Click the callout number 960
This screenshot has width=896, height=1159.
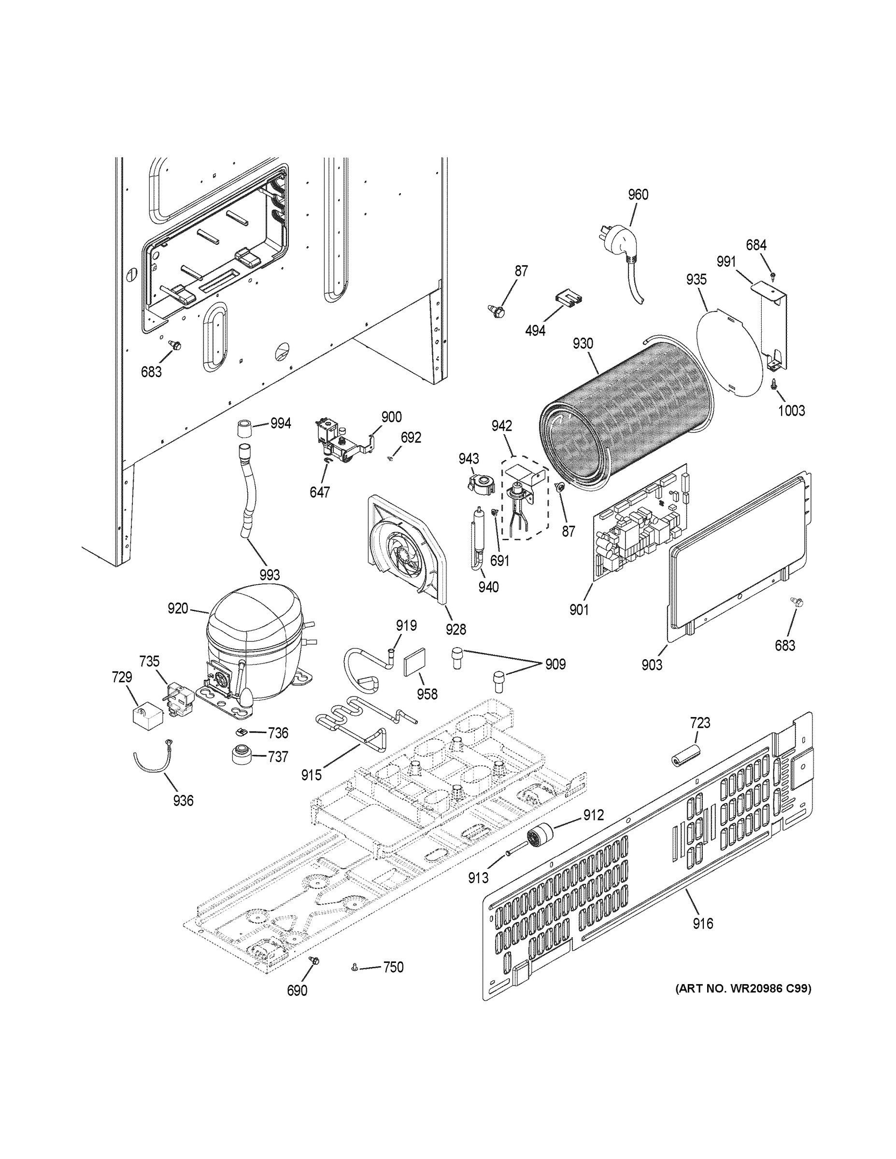point(638,195)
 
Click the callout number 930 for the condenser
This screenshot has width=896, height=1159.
point(583,343)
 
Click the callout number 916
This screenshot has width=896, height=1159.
point(702,923)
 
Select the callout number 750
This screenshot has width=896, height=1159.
point(393,967)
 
